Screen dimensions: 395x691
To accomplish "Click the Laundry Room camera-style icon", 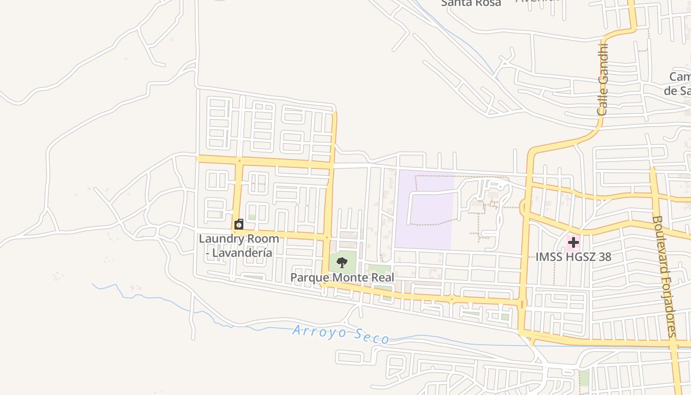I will coord(239,225).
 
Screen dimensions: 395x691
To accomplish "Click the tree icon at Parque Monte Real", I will coord(342,262).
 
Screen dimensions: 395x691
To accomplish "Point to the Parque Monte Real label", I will coord(342,277).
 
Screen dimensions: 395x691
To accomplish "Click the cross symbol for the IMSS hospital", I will coord(573,242).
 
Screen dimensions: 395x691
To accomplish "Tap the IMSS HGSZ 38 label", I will coord(573,257).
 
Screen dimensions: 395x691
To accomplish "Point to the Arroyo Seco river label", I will coord(341,334).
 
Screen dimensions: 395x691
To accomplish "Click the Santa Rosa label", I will coord(470,3).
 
